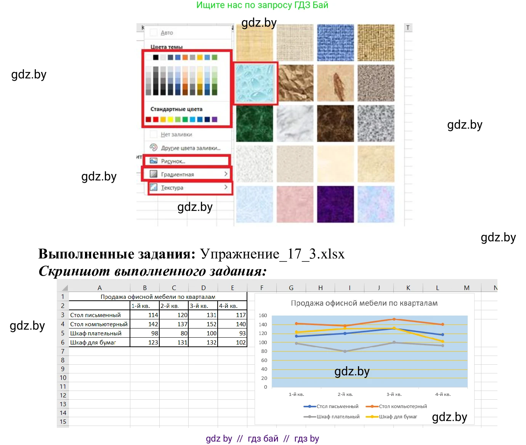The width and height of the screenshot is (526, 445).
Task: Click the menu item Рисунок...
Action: pos(173,161)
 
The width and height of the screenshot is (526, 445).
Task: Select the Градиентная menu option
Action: pos(177,174)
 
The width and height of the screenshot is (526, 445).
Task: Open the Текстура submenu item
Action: pos(172,188)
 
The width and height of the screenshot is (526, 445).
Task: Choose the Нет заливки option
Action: pos(176,134)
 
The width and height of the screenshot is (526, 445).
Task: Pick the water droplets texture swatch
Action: pos(255,83)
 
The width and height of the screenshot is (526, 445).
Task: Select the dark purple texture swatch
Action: pos(335,204)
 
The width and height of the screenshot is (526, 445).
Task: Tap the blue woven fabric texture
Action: pos(335,43)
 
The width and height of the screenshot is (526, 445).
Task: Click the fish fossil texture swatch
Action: pos(335,83)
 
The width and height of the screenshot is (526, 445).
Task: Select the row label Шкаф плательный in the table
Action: pos(96,333)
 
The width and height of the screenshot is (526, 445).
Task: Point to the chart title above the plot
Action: pos(364,303)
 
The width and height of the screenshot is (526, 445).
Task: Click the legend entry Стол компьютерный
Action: pos(403,406)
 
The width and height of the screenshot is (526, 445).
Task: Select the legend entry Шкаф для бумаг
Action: pos(398,416)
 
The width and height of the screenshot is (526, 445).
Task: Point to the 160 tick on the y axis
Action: pos(263,316)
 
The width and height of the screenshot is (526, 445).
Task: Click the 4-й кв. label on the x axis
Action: pos(443,394)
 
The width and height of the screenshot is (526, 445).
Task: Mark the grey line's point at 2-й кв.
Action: pos(345,351)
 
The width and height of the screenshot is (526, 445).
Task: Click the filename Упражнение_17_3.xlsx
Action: pos(272,254)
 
